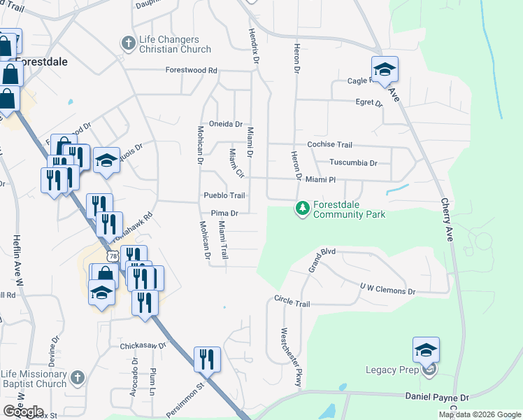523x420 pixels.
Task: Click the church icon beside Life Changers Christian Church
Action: (128, 43)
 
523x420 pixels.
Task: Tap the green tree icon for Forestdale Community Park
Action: (302, 209)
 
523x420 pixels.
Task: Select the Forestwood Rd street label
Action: (192, 71)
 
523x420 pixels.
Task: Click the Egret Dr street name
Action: (369, 103)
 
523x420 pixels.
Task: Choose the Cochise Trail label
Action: (330, 144)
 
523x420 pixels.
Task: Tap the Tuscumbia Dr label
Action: (354, 162)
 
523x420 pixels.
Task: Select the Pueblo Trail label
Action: (224, 196)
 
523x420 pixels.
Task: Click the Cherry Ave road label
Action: (446, 218)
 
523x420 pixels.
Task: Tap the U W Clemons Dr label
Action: (387, 288)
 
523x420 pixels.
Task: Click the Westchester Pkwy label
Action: (293, 356)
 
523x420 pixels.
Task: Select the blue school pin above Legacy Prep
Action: (426, 350)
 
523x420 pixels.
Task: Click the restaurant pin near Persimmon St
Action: (207, 359)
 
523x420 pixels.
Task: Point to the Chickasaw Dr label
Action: (143, 345)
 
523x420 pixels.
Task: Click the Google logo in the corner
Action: (23, 411)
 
